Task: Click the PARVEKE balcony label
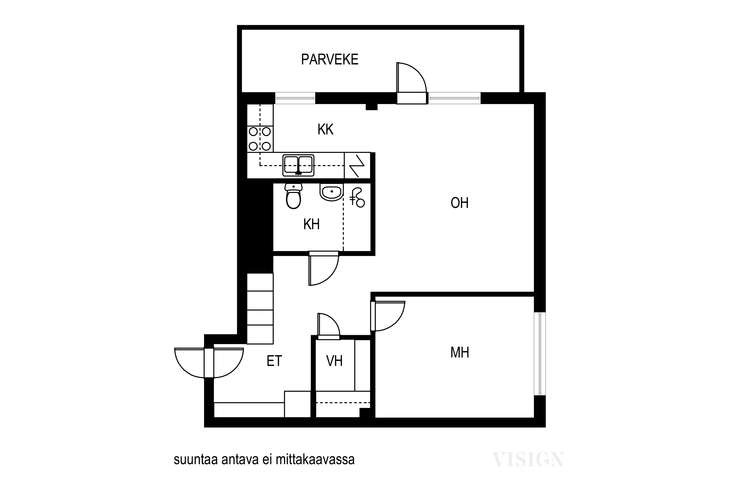330,59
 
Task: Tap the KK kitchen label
325,129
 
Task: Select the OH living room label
459,203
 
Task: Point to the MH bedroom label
460,352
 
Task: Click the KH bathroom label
311,224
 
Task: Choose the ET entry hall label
274,361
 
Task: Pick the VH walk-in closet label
334,361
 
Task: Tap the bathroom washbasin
332,192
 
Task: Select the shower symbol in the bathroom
357,198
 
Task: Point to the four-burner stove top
260,139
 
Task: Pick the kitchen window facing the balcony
295,98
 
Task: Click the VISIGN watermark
528,460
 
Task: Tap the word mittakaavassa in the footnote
315,460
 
